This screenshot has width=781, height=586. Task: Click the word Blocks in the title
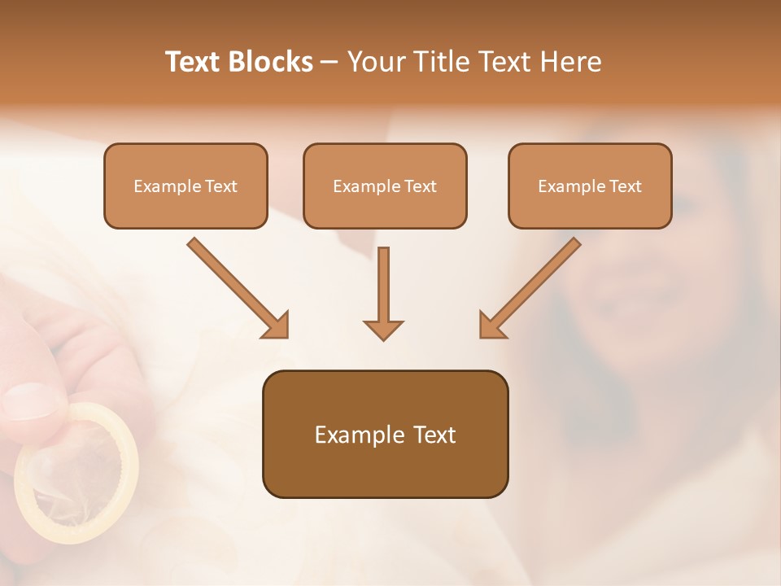pos(272,62)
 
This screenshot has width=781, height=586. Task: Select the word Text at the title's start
pos(193,62)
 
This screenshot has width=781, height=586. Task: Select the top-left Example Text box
pos(185,186)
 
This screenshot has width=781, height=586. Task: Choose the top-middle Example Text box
pos(385,186)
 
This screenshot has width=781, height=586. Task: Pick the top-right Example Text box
pos(590,186)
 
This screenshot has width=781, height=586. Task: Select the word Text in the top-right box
pos(625,186)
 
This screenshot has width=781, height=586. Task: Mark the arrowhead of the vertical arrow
pos(383,329)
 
